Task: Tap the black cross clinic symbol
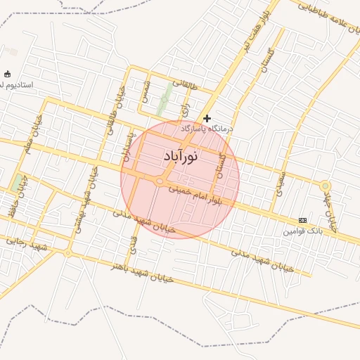coord(207,119)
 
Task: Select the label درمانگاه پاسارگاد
coord(207,129)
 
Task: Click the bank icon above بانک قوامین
coord(302,220)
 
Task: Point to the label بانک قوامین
coord(303,231)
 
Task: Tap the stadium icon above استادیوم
coord(8,74)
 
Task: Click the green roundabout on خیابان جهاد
coord(325,186)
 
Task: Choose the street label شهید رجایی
coord(26,244)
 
